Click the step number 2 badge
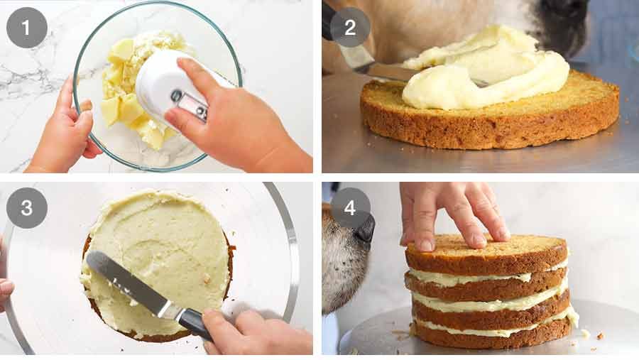tap(349, 27)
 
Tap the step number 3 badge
tap(26, 207)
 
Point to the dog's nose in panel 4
tap(364, 229)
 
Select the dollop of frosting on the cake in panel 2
tap(483, 71)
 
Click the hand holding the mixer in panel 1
tap(234, 121)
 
